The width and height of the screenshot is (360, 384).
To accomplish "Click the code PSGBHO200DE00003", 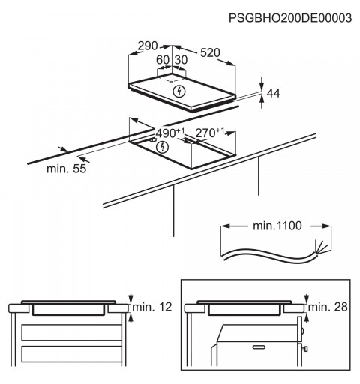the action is (290, 18).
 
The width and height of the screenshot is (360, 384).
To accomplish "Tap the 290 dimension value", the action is (148, 46).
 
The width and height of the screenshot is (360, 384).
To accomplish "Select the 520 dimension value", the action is (210, 52).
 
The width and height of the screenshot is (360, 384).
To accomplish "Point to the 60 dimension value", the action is (163, 60).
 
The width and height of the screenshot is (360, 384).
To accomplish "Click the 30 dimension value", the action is (181, 60).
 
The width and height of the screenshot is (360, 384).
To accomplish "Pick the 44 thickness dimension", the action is (273, 93).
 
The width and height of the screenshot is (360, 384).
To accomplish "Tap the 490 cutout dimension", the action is (170, 133).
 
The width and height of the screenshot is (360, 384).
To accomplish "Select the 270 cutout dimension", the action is (209, 133).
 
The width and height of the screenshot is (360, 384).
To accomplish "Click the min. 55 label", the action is (67, 169).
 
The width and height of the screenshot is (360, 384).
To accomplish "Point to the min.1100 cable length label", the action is (277, 226).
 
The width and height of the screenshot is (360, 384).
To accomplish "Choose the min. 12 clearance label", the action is (152, 307).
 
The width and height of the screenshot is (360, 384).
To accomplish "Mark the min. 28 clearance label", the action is (328, 307).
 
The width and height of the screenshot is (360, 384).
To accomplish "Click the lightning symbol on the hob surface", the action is (179, 91).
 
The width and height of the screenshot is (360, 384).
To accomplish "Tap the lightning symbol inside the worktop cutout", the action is (162, 147).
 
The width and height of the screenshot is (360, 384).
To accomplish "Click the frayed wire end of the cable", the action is (321, 247).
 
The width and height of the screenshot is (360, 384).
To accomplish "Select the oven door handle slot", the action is (259, 347).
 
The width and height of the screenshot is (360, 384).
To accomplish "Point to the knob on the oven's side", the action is (304, 349).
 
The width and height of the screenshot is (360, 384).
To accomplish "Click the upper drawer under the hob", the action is (71, 332).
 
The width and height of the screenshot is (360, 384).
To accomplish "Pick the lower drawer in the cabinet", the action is (71, 354).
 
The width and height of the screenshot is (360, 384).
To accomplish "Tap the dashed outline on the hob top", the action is (172, 79).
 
